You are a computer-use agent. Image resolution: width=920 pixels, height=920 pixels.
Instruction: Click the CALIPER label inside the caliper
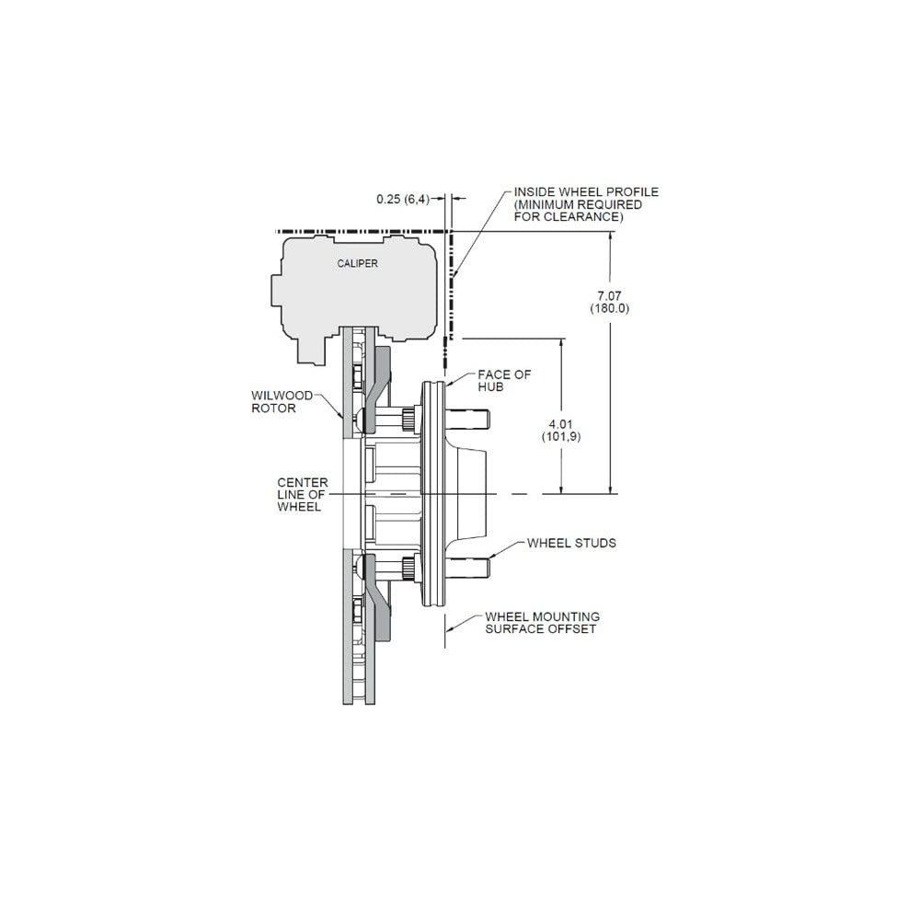point(357,263)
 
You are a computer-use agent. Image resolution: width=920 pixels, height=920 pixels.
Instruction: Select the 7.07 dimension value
point(609,296)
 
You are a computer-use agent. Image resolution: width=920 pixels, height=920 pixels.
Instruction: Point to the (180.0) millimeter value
point(610,308)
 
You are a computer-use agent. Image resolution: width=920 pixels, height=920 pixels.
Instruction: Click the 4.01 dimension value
point(560,423)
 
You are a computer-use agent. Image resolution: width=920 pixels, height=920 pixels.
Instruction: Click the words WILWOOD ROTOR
point(282,402)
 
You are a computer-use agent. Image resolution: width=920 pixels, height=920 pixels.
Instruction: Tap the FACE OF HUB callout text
point(504,380)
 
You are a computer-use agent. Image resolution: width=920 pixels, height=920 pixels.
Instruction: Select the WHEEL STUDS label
point(571,544)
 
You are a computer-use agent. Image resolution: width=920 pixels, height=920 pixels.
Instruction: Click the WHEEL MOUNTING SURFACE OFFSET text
point(542,623)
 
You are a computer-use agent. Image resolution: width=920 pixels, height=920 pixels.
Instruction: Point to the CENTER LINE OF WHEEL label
point(302,495)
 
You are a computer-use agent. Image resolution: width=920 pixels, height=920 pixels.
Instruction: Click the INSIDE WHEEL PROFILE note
point(586,204)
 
